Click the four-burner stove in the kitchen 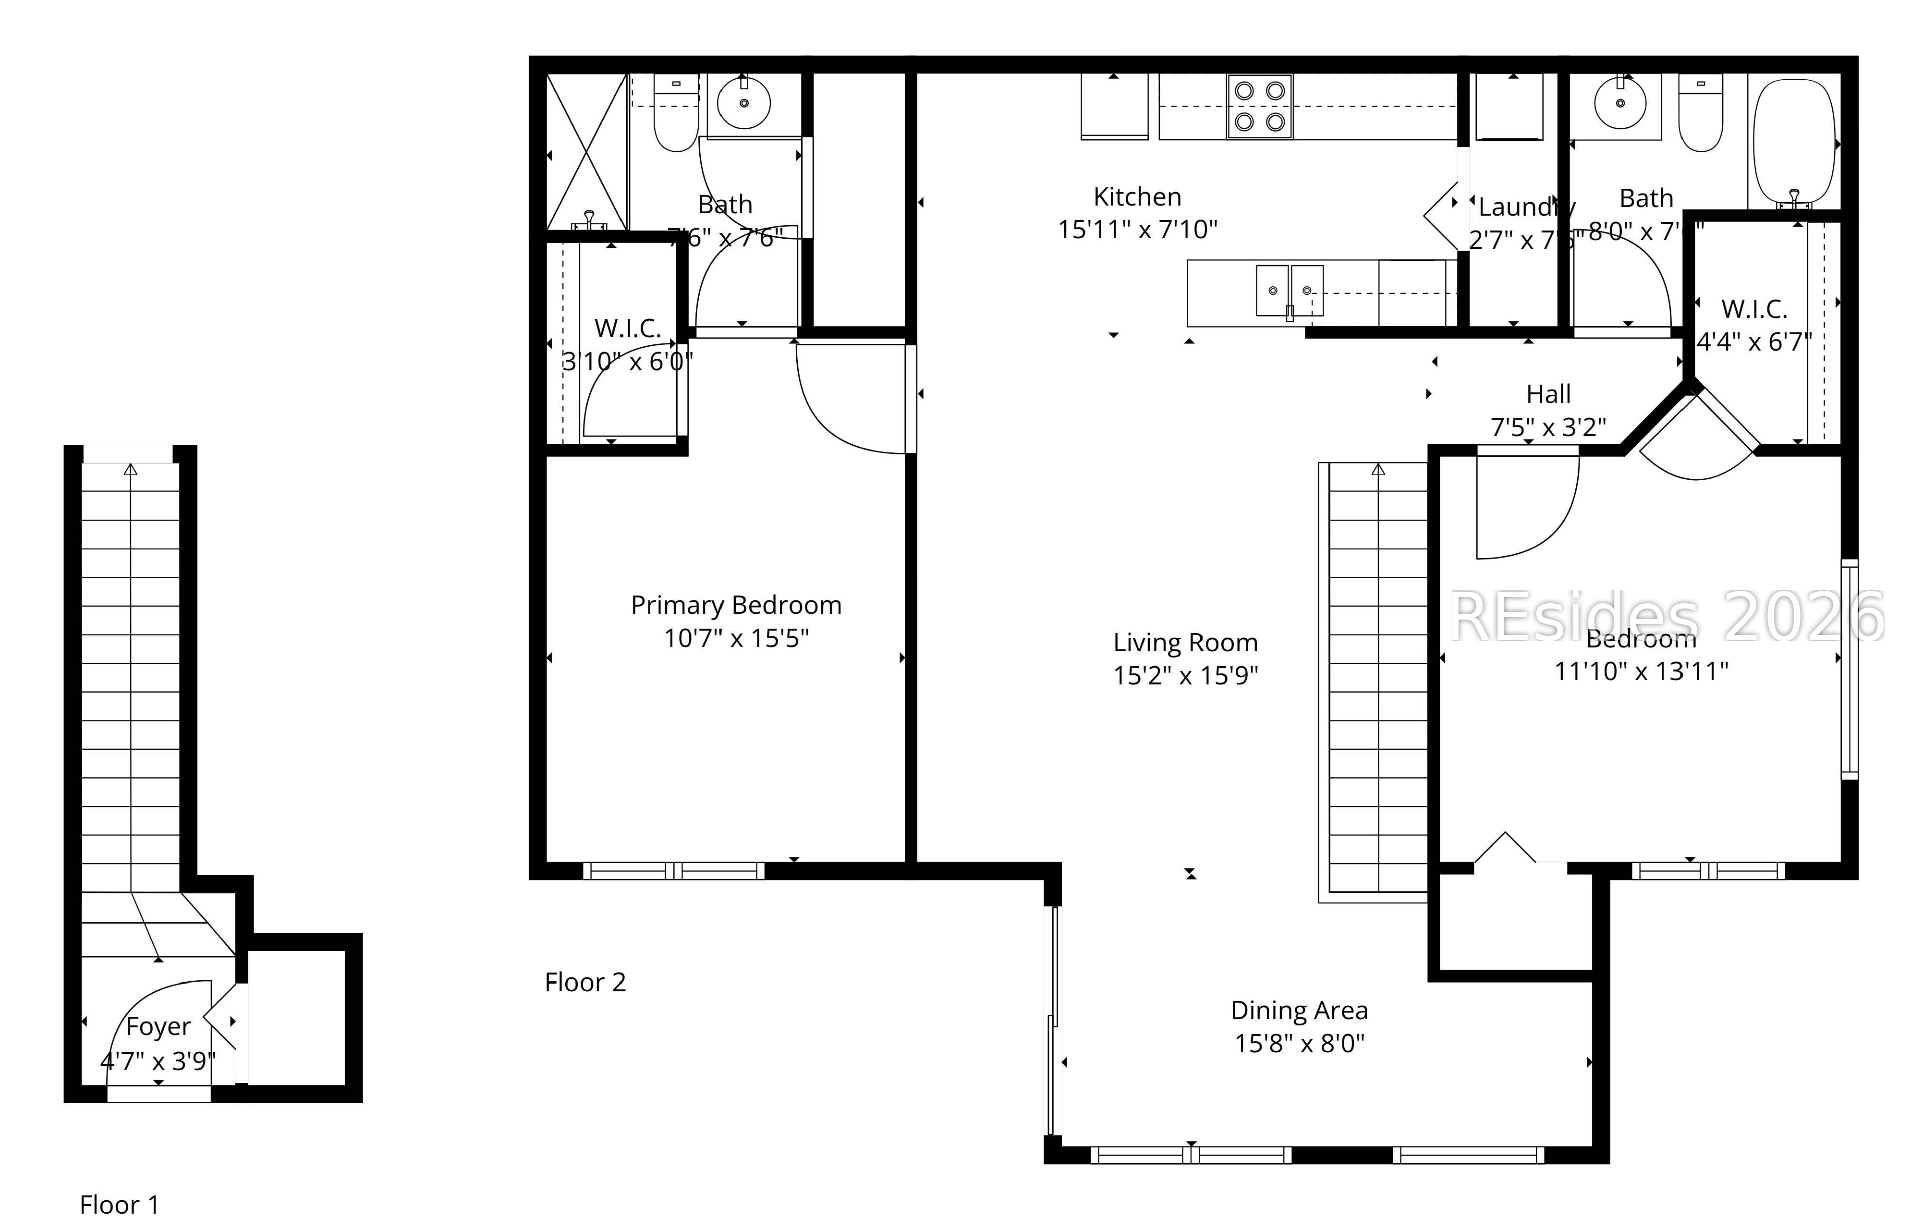pos(1259,106)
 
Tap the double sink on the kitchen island pos(1289,291)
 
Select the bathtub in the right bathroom pos(1794,142)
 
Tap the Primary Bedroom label pos(735,606)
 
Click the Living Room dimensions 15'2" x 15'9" pos(1185,676)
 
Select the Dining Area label pos(1299,1011)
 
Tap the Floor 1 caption pos(119,1204)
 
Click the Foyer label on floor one pos(158,1026)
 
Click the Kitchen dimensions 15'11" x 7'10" pos(1137,230)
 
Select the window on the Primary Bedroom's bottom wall pos(673,871)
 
